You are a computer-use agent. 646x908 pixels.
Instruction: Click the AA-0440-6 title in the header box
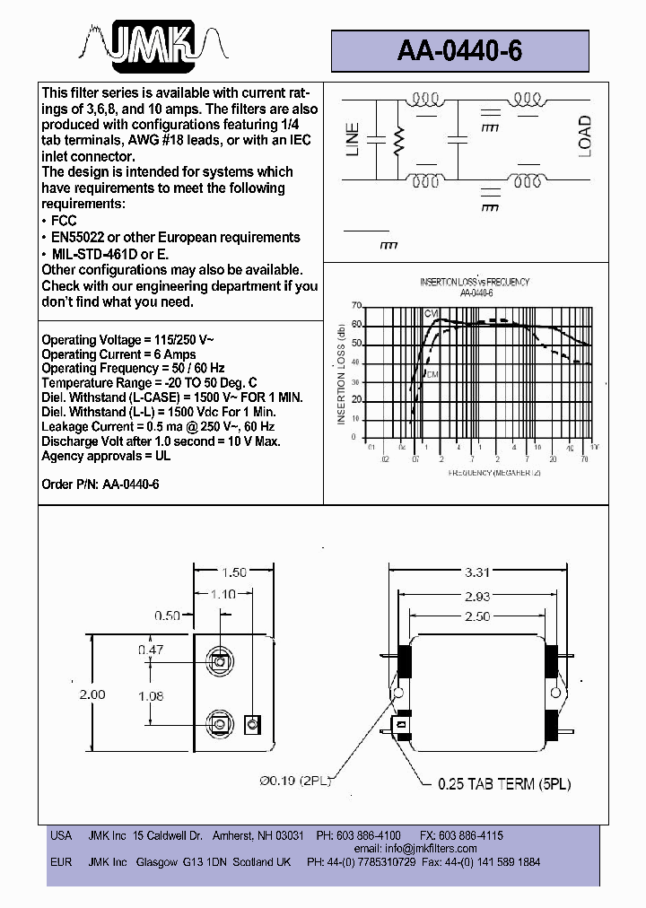click(459, 51)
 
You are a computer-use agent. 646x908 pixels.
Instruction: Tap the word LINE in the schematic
click(353, 139)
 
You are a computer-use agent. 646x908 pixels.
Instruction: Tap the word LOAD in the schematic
click(585, 136)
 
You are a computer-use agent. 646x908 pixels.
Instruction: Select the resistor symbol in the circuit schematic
click(400, 140)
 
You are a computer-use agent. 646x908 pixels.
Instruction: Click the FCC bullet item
click(63, 221)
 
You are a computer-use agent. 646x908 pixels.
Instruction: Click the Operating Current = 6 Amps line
click(119, 354)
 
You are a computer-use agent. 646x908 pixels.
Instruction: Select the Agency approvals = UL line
click(106, 456)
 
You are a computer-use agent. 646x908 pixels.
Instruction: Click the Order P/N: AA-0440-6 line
click(100, 484)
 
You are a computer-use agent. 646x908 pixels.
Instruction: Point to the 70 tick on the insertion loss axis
click(357, 305)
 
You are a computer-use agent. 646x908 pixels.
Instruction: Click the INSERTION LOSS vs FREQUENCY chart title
click(475, 282)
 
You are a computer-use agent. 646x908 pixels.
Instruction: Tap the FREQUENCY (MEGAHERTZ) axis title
click(490, 471)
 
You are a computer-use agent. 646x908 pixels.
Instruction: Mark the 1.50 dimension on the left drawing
click(234, 572)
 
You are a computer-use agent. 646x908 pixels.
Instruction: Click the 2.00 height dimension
click(92, 694)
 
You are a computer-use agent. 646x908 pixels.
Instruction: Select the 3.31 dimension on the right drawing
click(477, 572)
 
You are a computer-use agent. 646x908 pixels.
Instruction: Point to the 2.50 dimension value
click(477, 616)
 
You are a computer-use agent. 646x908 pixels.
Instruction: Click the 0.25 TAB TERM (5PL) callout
click(504, 783)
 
